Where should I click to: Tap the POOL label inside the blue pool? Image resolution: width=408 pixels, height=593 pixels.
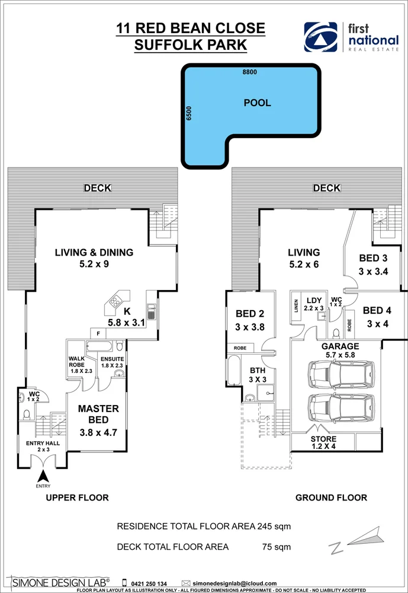(257, 103)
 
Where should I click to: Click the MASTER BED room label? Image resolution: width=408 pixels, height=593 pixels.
(99, 420)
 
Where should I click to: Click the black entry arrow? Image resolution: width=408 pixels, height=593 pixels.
(43, 475)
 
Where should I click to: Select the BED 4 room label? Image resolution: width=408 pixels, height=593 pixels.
(377, 317)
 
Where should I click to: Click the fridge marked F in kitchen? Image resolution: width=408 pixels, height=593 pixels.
(98, 333)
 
